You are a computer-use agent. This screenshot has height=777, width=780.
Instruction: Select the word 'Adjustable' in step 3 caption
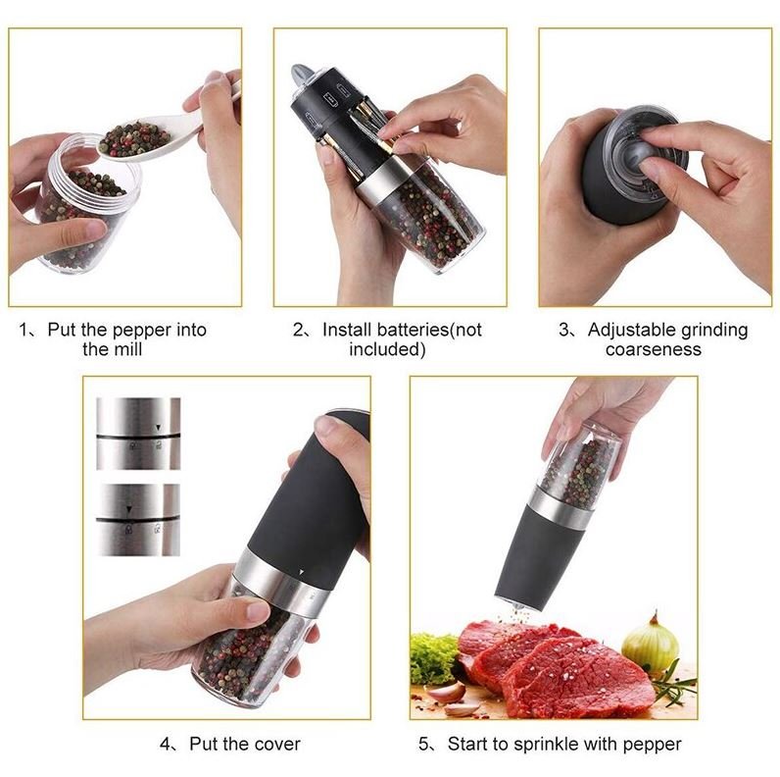(628, 330)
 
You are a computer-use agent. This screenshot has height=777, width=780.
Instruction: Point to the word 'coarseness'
(653, 349)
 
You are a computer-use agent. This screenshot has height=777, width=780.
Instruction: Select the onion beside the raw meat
(650, 646)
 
